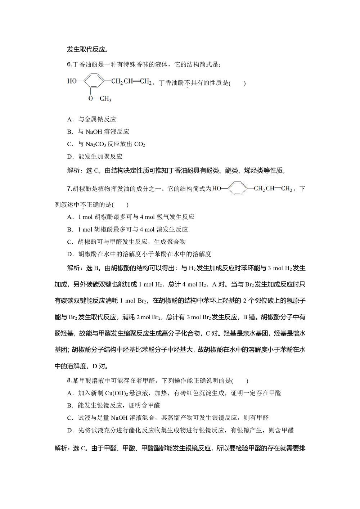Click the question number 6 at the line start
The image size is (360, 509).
pyautogui.click(x=69, y=64)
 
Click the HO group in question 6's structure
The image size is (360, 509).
pyautogui.click(x=72, y=81)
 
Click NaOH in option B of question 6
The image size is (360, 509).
pyautogui.click(x=94, y=132)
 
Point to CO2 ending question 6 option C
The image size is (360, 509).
pyautogui.click(x=139, y=144)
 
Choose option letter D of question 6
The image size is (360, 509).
pyautogui.click(x=70, y=157)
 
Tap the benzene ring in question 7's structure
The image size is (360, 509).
pyautogui.click(x=237, y=188)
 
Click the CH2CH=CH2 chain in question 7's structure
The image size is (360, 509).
pyautogui.click(x=273, y=189)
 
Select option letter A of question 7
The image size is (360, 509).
pyautogui.click(x=70, y=217)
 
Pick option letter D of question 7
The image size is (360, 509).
pyautogui.click(x=70, y=254)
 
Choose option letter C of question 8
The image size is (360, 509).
pyautogui.click(x=70, y=418)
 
